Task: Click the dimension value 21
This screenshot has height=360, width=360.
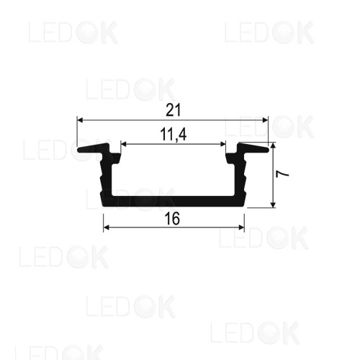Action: tap(173, 110)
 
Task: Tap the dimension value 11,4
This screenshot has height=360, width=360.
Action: tap(173, 135)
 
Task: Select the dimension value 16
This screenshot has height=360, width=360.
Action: tap(172, 219)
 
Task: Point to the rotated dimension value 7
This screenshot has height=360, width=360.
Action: tap(282, 174)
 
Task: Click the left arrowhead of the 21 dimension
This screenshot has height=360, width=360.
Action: tap(80, 120)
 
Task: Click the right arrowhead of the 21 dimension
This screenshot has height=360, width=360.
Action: tap(265, 120)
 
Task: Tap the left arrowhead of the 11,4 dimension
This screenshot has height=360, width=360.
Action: tap(124, 144)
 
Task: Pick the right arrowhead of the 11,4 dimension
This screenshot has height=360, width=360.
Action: tap(223, 144)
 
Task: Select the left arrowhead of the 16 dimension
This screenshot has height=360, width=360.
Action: tap(107, 228)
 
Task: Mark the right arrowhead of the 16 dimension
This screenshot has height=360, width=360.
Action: tap(241, 228)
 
